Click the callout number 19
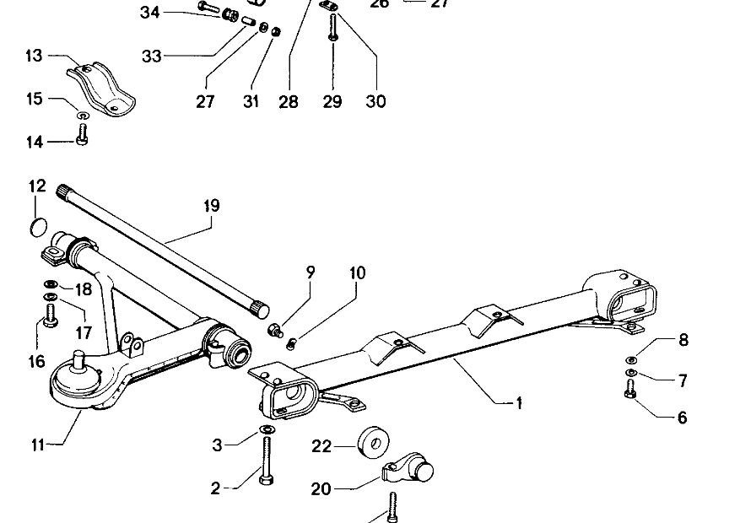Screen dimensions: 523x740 point(211,206)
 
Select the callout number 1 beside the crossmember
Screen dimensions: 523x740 point(519,404)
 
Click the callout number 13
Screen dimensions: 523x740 point(34,57)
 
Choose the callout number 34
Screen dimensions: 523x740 point(149,12)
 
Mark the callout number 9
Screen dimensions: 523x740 point(311,272)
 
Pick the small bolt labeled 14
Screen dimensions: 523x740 point(83,133)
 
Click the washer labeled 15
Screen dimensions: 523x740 point(83,115)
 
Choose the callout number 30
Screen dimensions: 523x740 point(375,102)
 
